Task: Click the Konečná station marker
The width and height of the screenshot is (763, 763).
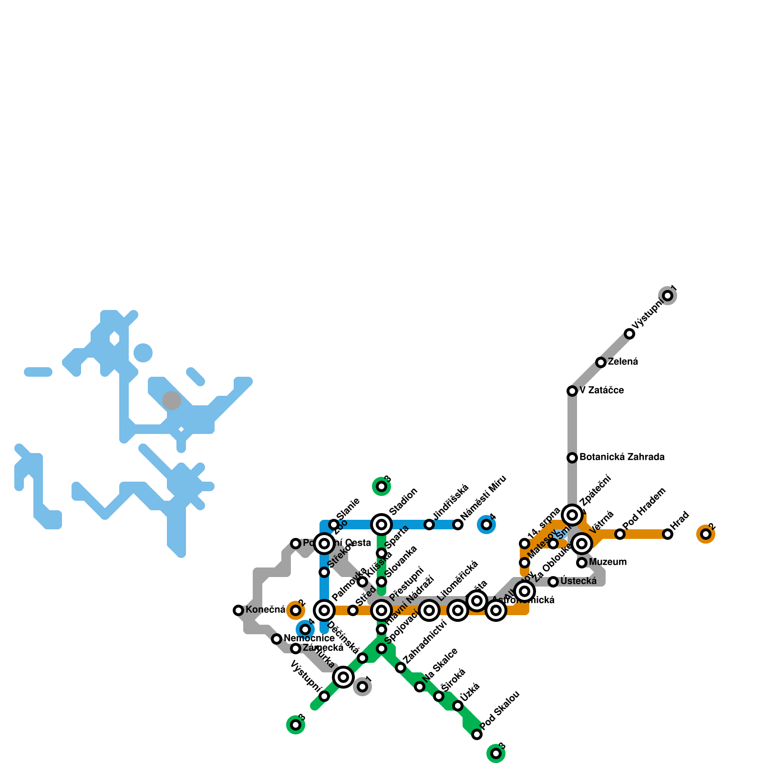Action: (x=238, y=610)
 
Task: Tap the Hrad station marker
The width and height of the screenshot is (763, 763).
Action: (x=668, y=534)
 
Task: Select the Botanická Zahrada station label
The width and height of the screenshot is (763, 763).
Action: (x=622, y=457)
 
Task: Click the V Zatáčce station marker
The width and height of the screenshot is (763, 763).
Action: (x=572, y=391)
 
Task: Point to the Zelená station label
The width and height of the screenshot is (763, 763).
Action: (x=623, y=362)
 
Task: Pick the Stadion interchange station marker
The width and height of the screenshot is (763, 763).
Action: (x=381, y=525)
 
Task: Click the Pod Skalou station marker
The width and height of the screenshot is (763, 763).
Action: (x=477, y=734)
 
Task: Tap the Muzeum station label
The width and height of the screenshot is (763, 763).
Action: (x=608, y=562)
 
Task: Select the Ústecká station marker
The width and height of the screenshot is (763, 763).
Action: (x=553, y=582)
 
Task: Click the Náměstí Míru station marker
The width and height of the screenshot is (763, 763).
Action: (x=458, y=525)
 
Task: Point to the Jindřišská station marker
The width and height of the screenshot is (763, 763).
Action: (x=429, y=525)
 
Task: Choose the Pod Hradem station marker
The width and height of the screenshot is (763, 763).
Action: (x=620, y=534)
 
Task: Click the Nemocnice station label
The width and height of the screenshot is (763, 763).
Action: (x=309, y=639)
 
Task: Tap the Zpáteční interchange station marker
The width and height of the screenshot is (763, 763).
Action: (x=572, y=515)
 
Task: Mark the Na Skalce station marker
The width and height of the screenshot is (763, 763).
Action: (x=420, y=687)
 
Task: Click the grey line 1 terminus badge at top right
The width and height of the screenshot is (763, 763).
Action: (x=668, y=296)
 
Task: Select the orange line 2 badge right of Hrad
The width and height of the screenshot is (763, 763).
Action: (x=706, y=534)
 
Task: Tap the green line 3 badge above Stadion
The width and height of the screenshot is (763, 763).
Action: (x=381, y=486)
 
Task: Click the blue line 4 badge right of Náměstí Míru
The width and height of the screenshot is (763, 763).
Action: (x=486, y=525)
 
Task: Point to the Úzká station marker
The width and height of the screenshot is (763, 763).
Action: (x=458, y=706)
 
